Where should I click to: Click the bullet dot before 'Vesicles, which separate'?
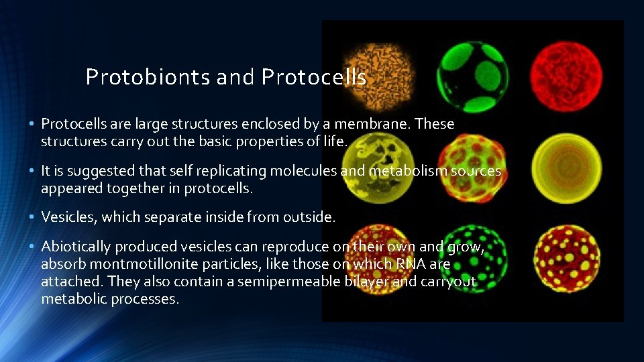coord(32,217)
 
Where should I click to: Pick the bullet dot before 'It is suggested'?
coord(32,172)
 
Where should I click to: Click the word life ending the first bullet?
coord(337,141)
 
